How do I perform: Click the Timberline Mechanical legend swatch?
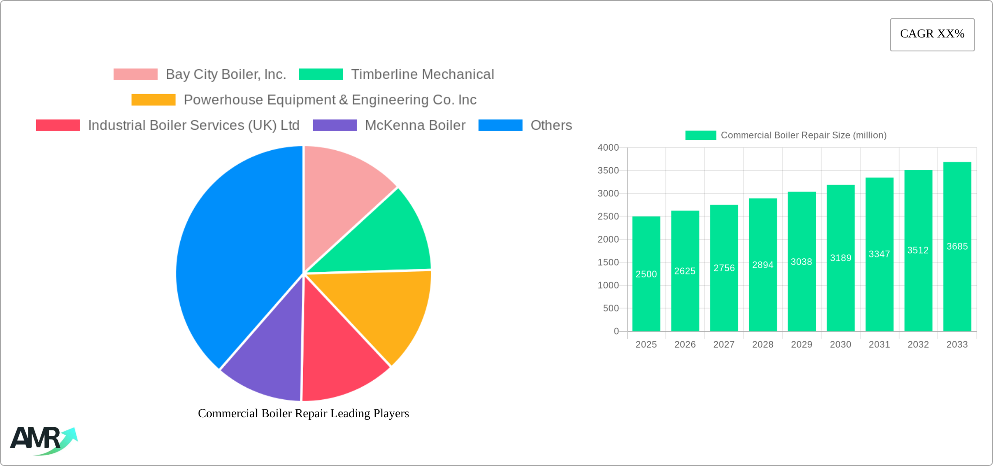click(321, 74)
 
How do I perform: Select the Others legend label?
click(551, 125)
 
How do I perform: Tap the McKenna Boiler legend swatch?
click(334, 125)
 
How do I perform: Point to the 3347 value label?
click(879, 254)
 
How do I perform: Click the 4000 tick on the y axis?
click(608, 148)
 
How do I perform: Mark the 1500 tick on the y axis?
click(608, 262)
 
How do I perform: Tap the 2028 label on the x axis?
click(763, 344)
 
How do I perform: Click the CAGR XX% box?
click(932, 34)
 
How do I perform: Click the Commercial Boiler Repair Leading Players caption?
click(303, 413)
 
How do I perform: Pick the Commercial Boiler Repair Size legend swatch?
click(700, 135)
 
